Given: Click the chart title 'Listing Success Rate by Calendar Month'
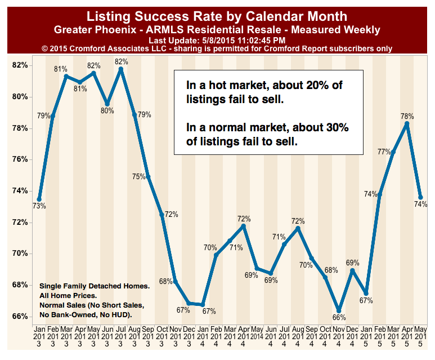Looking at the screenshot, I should (217, 15).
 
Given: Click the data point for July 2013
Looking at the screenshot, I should (121, 69).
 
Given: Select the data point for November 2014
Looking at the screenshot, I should (339, 311).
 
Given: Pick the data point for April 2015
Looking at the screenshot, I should (407, 123).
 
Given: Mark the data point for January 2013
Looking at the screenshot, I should (39, 199).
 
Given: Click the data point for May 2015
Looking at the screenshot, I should (420, 197).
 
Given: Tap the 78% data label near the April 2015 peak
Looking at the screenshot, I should (407, 117).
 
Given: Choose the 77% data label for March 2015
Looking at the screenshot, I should (384, 152).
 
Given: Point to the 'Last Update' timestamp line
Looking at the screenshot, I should (217, 41).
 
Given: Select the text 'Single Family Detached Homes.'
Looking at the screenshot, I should (95, 286).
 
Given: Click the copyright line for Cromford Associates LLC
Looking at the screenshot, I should (217, 49).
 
